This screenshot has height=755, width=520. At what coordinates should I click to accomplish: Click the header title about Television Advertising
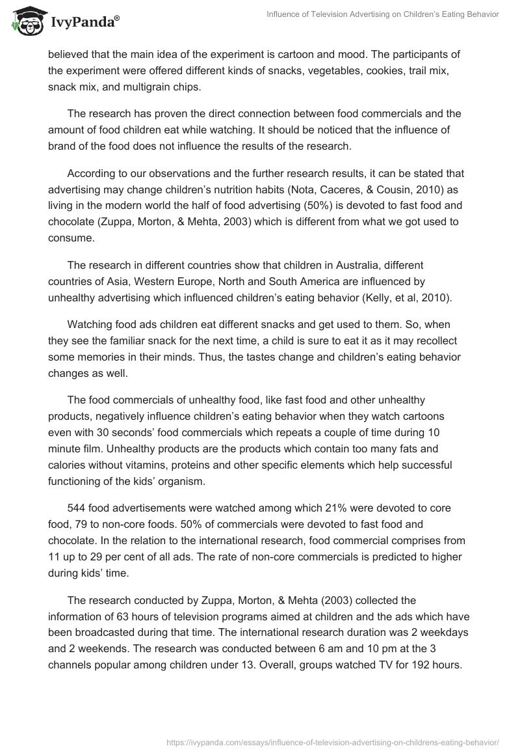pyautogui.click(x=383, y=14)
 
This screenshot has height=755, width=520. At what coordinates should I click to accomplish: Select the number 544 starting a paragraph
pyautogui.click(x=77, y=507)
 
